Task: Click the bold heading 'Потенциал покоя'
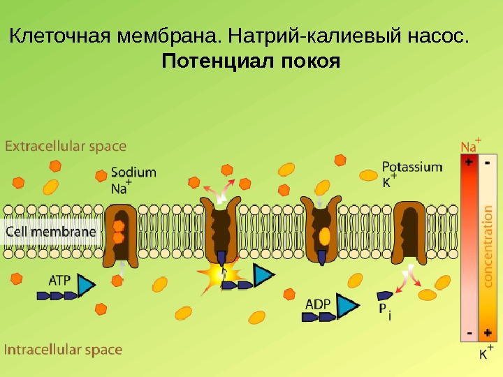251,62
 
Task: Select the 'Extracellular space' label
66,147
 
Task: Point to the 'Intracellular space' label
64,350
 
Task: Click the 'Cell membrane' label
51,232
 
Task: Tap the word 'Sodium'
133,172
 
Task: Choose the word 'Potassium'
412,168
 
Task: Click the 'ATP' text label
59,280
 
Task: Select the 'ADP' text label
318,304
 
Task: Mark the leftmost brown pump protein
119,234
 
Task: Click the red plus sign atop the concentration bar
469,161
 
